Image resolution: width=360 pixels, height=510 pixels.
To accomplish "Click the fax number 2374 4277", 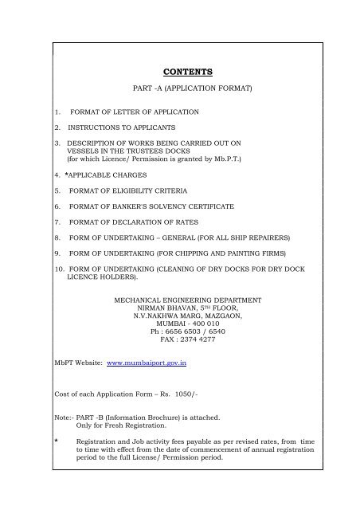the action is point(203,338).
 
